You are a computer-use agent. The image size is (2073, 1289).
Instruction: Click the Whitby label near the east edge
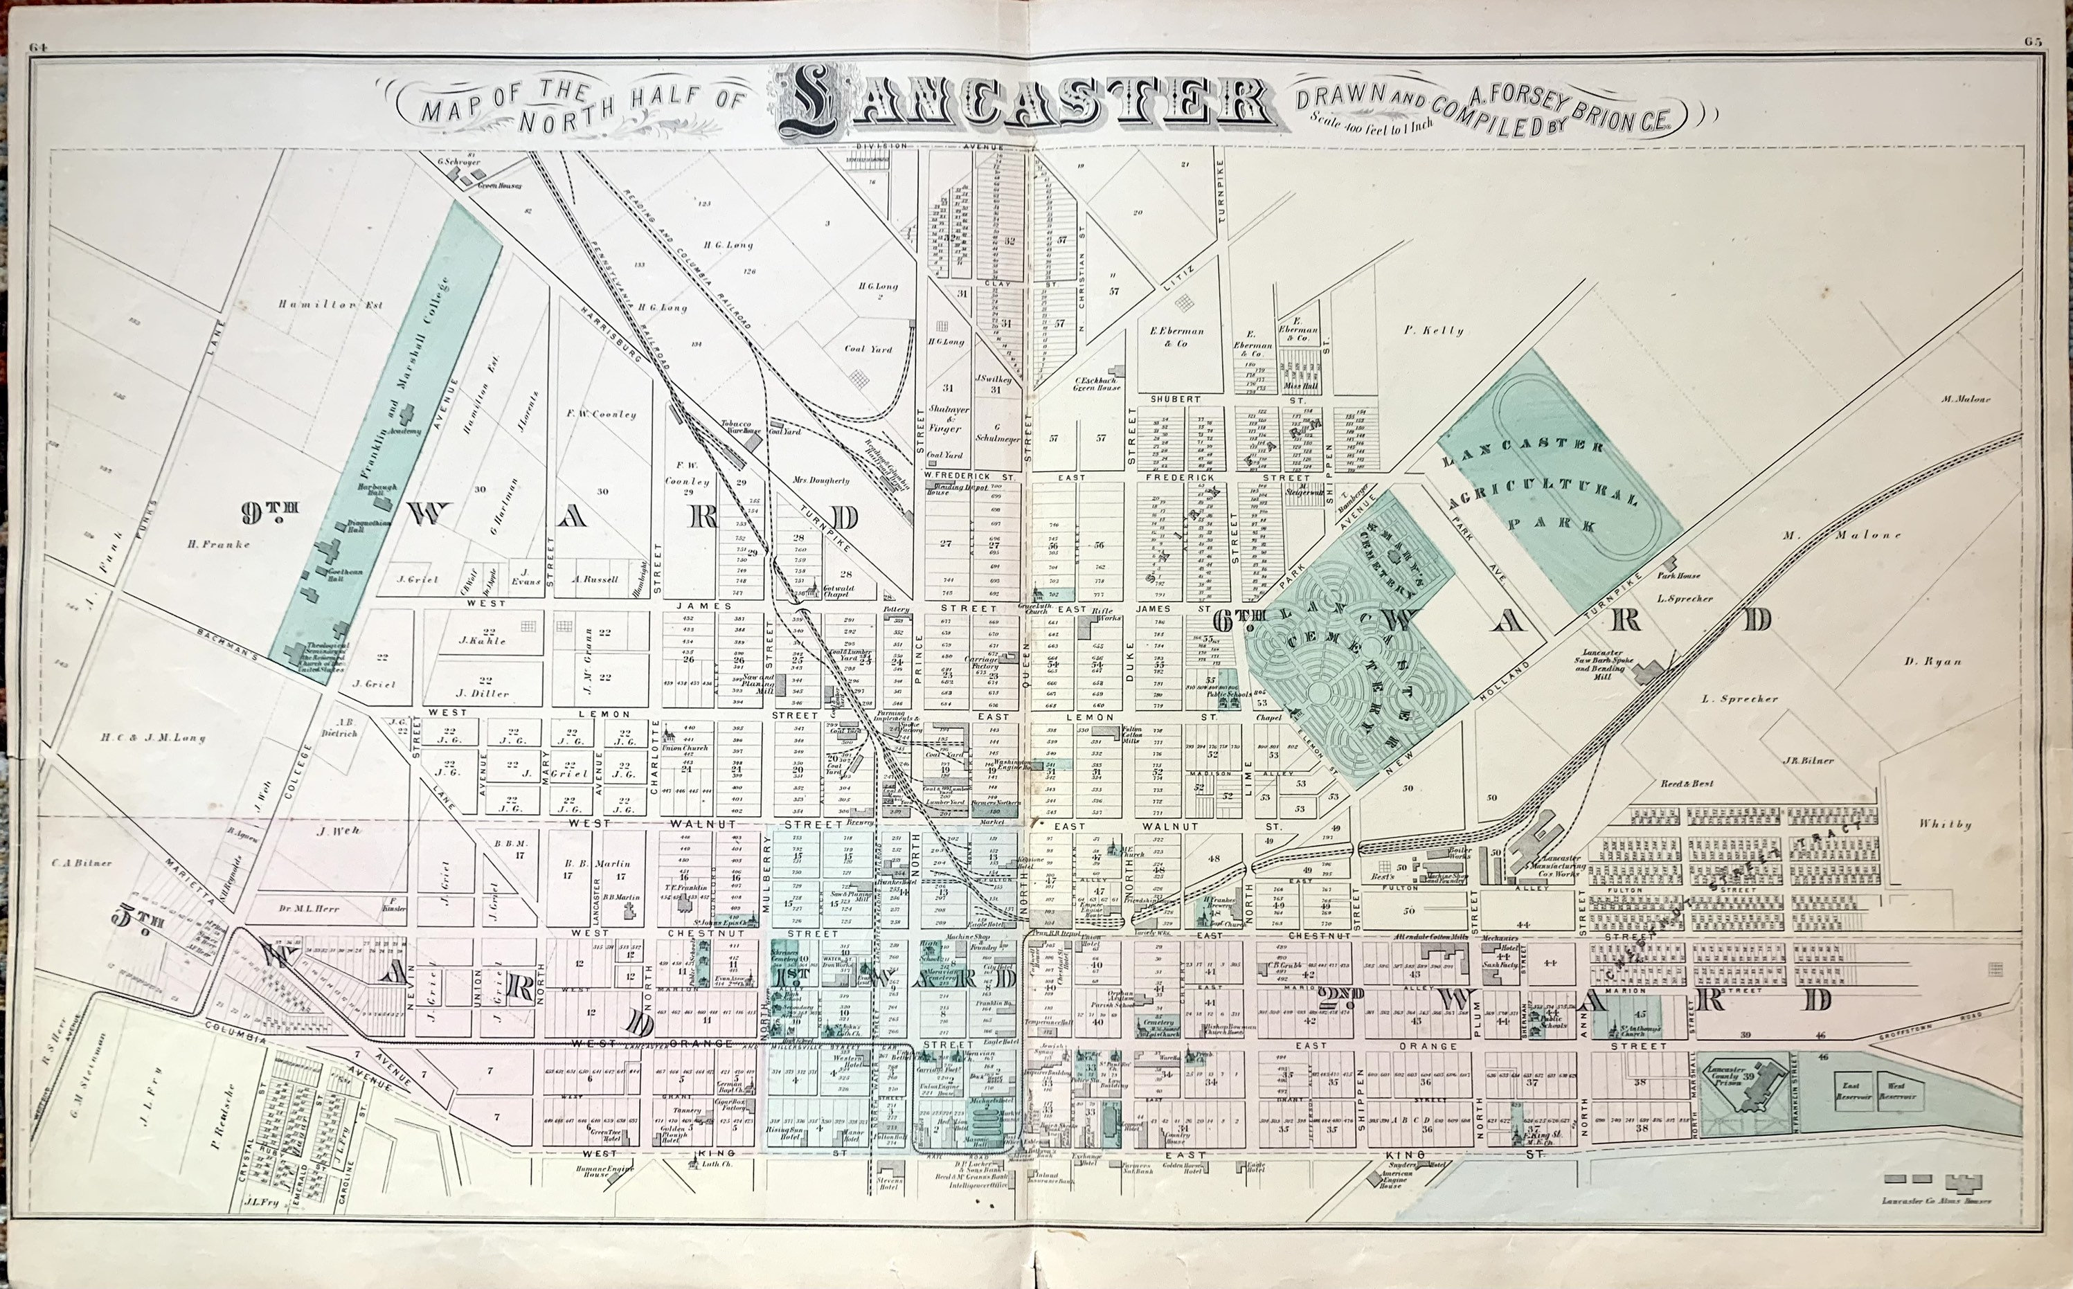click(1944, 824)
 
